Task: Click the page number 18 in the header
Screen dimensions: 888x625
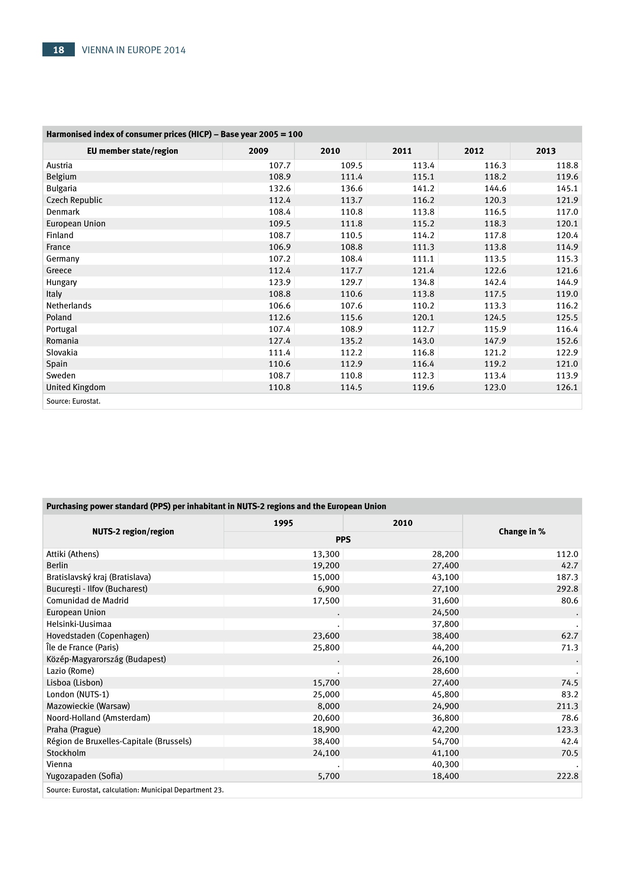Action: pyautogui.click(x=59, y=50)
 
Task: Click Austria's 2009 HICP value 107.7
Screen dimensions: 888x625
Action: pyautogui.click(x=280, y=166)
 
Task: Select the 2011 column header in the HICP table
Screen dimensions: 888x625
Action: pyautogui.click(x=402, y=151)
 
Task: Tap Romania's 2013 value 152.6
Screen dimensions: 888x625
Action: pyautogui.click(x=567, y=341)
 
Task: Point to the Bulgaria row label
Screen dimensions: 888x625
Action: pyautogui.click(x=61, y=189)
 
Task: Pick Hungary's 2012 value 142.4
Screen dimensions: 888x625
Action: pyautogui.click(x=495, y=282)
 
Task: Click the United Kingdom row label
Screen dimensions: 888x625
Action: pyautogui.click(x=76, y=387)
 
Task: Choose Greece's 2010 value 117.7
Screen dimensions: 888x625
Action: pyautogui.click(x=351, y=271)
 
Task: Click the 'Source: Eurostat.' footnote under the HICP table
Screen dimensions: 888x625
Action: pyautogui.click(x=74, y=401)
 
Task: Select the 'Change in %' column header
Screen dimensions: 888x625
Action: pyautogui.click(x=522, y=532)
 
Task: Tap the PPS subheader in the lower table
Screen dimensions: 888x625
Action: pyautogui.click(x=343, y=540)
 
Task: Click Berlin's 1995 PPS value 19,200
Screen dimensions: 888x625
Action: pyautogui.click(x=326, y=566)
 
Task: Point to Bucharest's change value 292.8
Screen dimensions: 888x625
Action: pyautogui.click(x=567, y=589)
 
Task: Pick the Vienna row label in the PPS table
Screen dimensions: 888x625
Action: pyautogui.click(x=59, y=764)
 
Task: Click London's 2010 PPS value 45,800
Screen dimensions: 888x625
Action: pyautogui.click(x=446, y=695)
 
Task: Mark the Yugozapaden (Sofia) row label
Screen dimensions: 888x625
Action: pyautogui.click(x=84, y=776)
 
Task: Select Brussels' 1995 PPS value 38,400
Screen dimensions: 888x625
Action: pyautogui.click(x=326, y=741)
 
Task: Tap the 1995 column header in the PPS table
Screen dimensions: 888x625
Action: pyautogui.click(x=283, y=523)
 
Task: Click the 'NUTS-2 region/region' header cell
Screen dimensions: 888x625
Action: pyautogui.click(x=133, y=532)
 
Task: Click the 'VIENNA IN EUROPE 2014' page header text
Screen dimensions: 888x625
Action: pyautogui.click(x=133, y=50)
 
